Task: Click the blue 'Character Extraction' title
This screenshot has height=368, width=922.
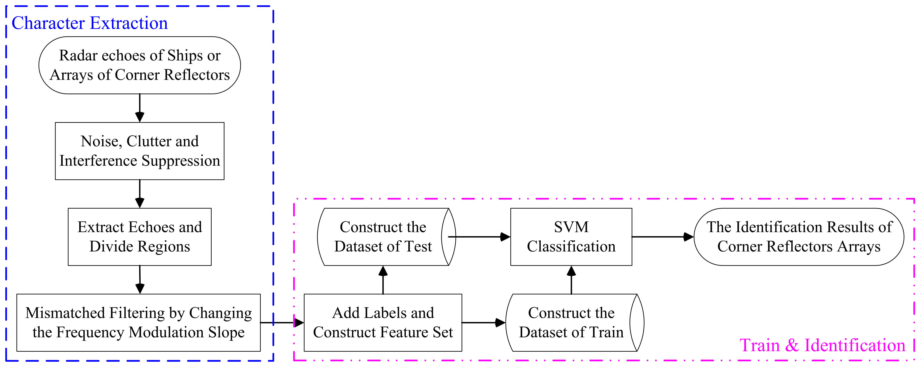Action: [89, 23]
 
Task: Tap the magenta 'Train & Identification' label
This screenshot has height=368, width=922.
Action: [822, 345]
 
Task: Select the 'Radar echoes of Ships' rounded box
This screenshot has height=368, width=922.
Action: [140, 65]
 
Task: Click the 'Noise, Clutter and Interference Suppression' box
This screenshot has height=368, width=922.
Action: [140, 151]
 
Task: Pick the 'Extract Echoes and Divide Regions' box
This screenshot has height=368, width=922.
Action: [140, 237]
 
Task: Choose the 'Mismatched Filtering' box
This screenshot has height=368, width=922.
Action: [138, 323]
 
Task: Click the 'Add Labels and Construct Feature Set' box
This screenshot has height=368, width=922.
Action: [383, 323]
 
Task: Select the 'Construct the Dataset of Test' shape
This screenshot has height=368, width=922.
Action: [383, 237]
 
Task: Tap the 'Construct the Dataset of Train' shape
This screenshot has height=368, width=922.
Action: [571, 323]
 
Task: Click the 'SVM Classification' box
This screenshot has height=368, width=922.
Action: [571, 237]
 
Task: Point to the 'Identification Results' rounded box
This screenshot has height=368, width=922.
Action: [799, 237]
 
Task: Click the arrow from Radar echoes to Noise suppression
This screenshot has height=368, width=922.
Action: [140, 108]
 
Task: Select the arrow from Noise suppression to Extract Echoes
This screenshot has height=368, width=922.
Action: [140, 194]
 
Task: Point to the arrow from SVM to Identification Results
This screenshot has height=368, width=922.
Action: [663, 237]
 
